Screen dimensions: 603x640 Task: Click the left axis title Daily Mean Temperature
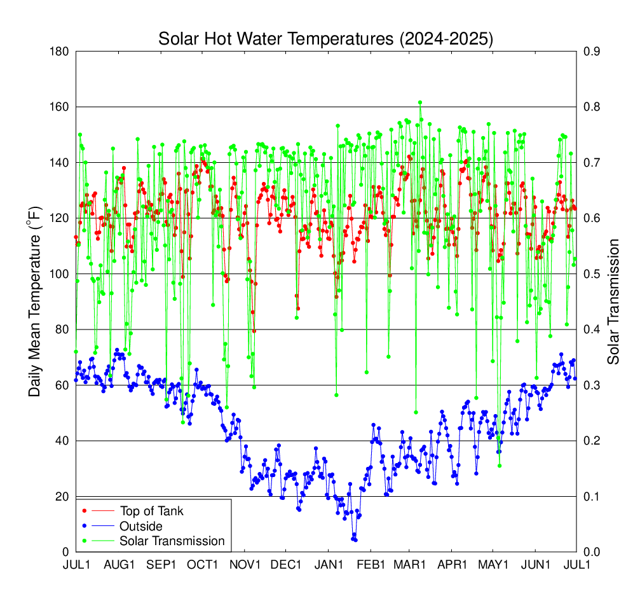tap(35, 301)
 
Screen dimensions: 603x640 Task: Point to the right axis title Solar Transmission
tap(613, 301)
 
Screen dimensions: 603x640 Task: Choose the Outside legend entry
tap(141, 526)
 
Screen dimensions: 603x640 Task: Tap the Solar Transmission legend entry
tap(172, 541)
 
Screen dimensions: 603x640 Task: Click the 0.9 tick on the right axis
tap(590, 52)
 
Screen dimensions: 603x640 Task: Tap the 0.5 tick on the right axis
tap(590, 274)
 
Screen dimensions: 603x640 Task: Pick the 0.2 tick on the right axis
tap(590, 441)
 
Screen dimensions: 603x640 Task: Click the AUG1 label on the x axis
tap(119, 565)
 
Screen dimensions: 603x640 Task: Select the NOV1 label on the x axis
tap(245, 565)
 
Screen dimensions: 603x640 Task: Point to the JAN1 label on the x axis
tap(329, 565)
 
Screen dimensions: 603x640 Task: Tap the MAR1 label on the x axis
tap(410, 565)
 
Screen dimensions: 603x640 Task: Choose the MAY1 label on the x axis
tap(493, 565)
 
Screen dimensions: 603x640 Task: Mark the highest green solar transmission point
tap(420, 102)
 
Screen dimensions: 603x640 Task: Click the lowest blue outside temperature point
tap(355, 540)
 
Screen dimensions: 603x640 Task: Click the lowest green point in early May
tap(500, 466)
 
